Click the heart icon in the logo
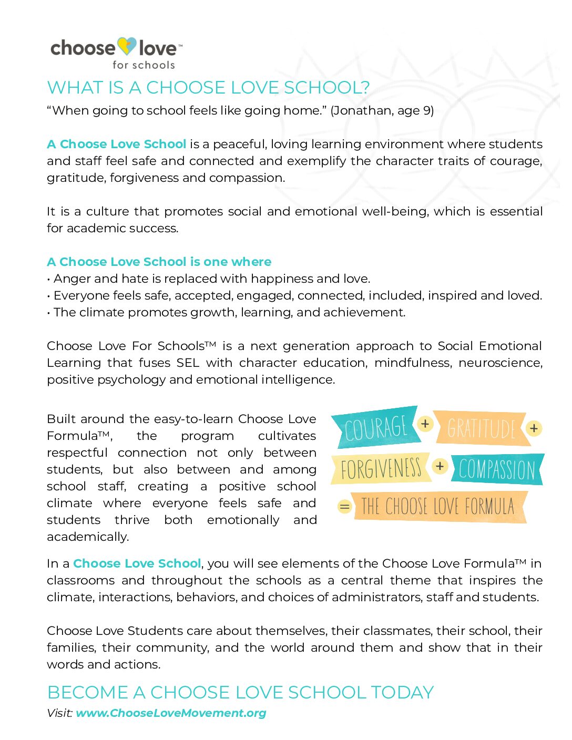coord(127,47)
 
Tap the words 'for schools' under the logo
coord(144,65)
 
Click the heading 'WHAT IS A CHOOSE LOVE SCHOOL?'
coord(208,88)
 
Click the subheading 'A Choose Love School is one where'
coord(159,262)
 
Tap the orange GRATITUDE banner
coord(481,428)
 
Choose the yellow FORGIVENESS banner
coord(381,468)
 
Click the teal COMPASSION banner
coord(497,469)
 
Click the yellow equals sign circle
coord(344,507)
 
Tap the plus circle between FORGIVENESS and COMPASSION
coord(440,466)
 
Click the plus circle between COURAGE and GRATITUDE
coord(425,424)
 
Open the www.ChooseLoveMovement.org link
coord(171,713)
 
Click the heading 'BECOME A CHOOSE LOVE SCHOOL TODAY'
coord(240,693)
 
